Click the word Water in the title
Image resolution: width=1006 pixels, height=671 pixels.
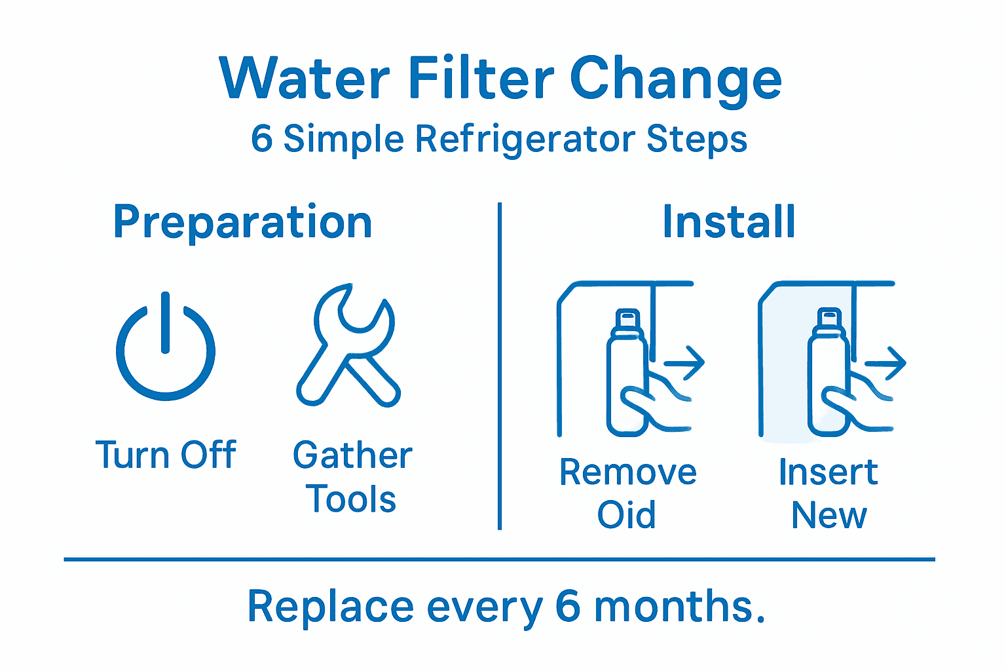tap(305, 79)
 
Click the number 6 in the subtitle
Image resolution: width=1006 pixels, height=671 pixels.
tap(262, 139)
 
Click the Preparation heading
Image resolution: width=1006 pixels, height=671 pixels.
tap(243, 223)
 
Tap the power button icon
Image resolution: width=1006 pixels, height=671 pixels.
tap(166, 347)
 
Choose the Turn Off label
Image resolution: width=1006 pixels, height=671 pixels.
tap(166, 455)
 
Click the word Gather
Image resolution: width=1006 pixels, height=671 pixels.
tap(352, 455)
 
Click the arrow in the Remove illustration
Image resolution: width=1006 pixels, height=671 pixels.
tap(684, 362)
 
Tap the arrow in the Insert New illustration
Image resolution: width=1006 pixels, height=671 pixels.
tap(885, 362)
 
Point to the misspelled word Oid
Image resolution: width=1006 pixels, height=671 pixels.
tap(626, 515)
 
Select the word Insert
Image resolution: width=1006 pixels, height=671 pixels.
tap(828, 472)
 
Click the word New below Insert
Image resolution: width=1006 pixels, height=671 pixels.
tap(829, 516)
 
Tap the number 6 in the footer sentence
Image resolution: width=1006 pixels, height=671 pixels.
tap(567, 606)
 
